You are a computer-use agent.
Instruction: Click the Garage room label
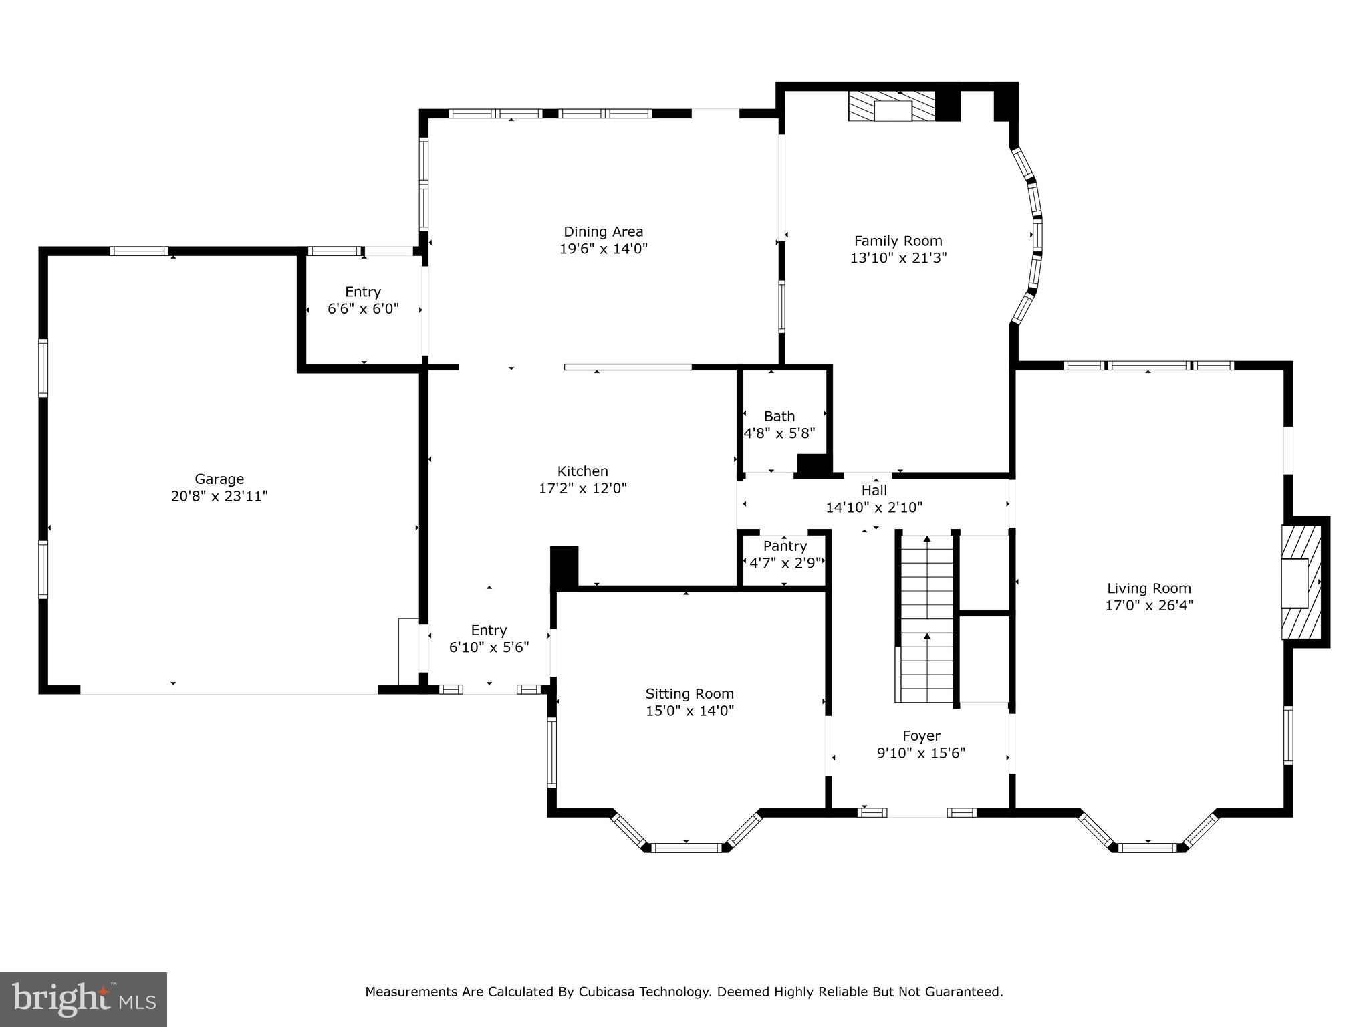(219, 479)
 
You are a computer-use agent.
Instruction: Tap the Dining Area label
(604, 232)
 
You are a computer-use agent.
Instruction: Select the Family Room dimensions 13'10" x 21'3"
(898, 258)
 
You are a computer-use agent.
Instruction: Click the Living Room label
(1149, 588)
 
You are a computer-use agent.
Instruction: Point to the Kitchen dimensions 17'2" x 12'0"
(583, 489)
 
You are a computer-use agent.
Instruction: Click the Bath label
(779, 416)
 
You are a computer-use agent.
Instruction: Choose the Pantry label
(785, 546)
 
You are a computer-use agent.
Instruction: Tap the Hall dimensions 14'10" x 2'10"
(874, 507)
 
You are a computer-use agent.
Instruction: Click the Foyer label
(921, 736)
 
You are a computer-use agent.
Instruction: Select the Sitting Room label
(690, 694)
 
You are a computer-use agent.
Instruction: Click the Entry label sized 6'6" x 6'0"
(363, 292)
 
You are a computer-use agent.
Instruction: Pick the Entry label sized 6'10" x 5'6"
(489, 630)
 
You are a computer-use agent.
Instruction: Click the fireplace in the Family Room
(892, 106)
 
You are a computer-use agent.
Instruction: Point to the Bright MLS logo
(84, 1000)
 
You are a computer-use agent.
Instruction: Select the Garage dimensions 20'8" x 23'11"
(219, 496)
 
